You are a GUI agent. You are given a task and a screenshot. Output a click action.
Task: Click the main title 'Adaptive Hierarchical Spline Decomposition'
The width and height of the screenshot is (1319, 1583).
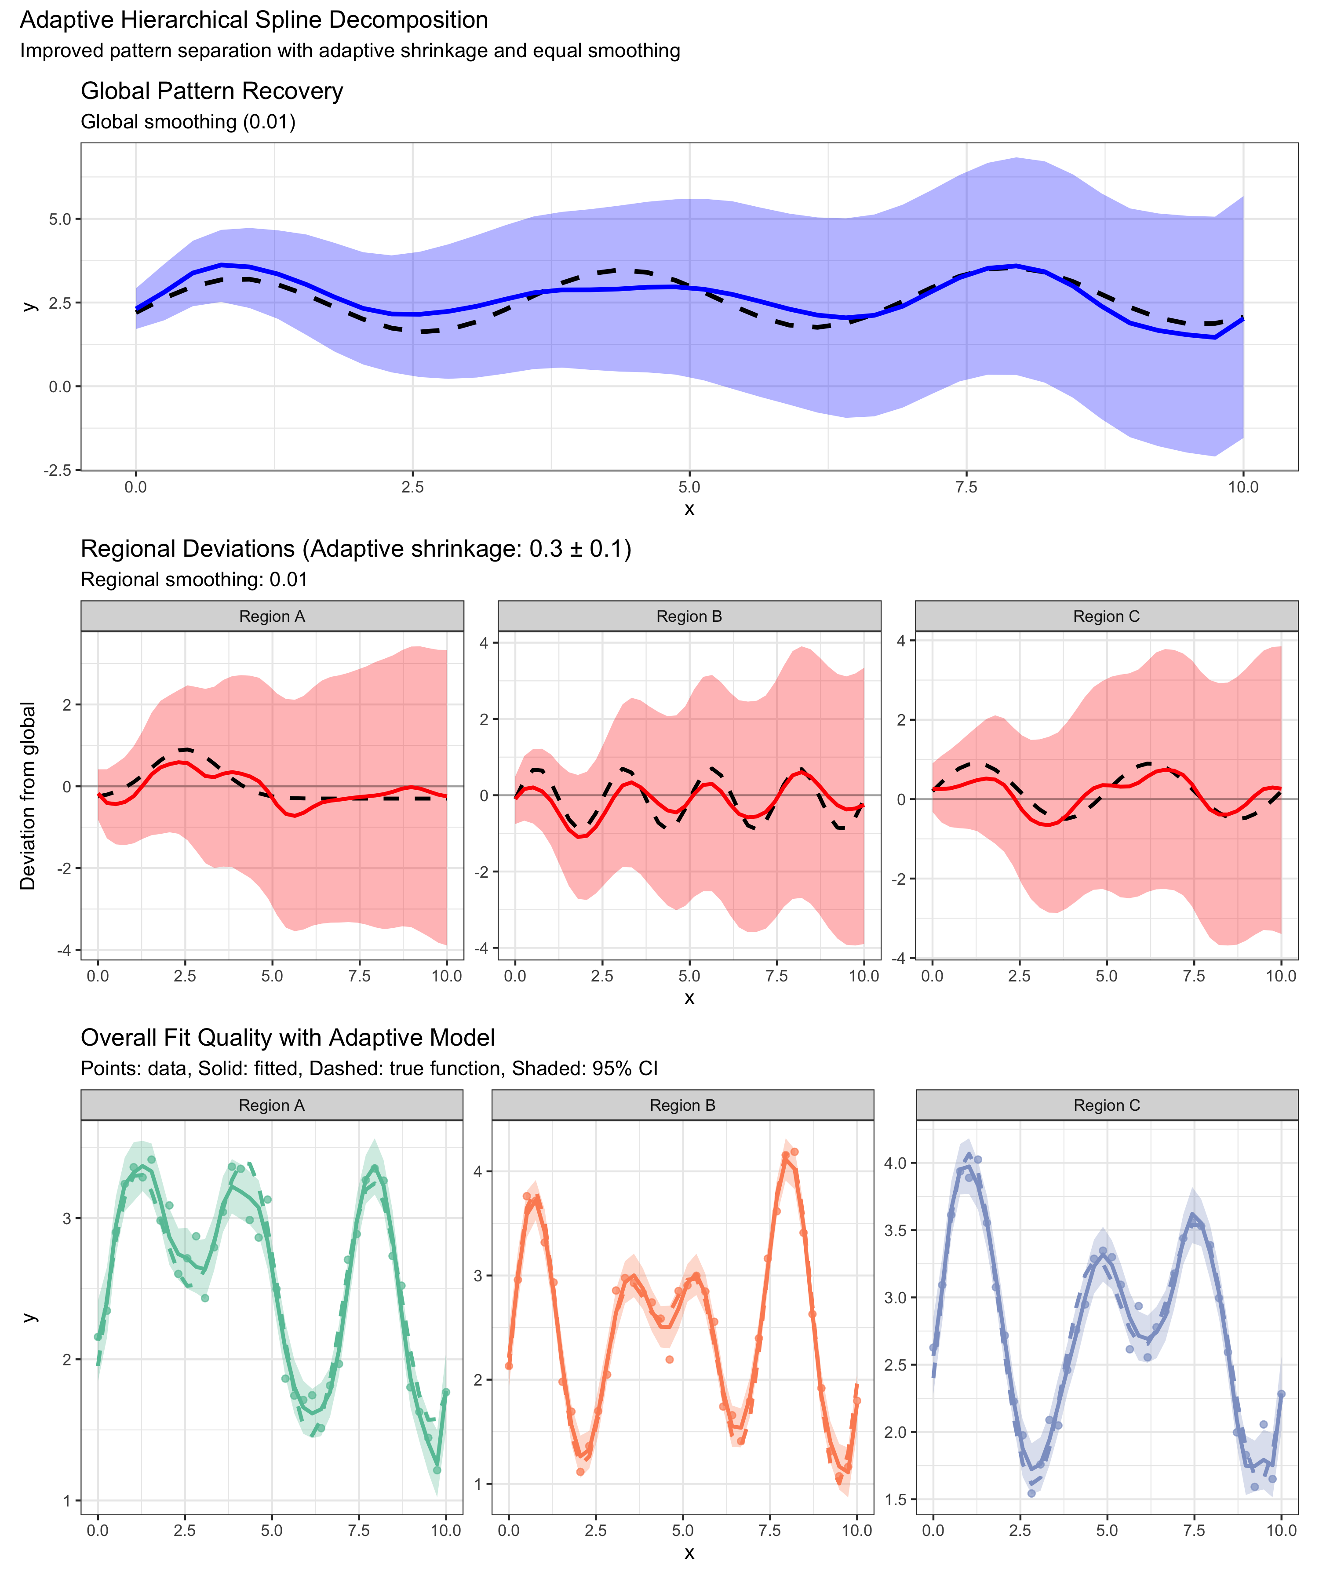pos(254,20)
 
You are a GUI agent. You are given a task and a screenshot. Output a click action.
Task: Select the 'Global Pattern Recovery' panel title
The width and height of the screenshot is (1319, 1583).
pos(212,91)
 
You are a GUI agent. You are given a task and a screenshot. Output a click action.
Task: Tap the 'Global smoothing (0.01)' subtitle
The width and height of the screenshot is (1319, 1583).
pos(188,122)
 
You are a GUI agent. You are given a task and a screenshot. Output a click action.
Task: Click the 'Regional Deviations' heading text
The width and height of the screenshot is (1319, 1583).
pos(356,549)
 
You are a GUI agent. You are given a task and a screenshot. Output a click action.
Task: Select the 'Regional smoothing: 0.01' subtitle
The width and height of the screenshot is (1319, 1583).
pos(194,580)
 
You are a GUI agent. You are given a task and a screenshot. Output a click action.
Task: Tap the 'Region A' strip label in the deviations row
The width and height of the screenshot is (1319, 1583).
pos(272,616)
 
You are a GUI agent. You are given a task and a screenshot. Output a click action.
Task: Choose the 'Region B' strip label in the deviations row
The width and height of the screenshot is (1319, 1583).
pos(689,616)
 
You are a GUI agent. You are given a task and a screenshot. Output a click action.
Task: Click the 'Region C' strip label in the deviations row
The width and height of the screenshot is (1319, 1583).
pos(1107,616)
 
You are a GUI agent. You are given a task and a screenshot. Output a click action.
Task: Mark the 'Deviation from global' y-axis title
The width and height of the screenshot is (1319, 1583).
pos(28,796)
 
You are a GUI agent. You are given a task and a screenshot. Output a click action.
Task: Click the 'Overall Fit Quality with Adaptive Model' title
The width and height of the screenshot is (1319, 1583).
pos(288,1038)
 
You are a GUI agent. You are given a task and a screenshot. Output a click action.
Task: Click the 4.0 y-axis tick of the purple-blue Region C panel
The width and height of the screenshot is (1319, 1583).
pos(896,1163)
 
